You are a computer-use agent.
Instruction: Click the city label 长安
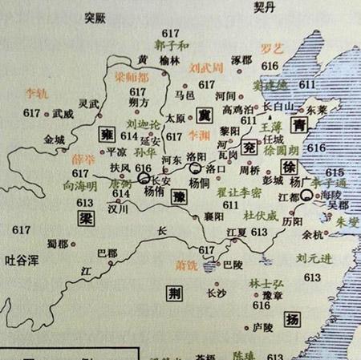[160, 180]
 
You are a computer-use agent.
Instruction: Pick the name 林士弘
[239, 282]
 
